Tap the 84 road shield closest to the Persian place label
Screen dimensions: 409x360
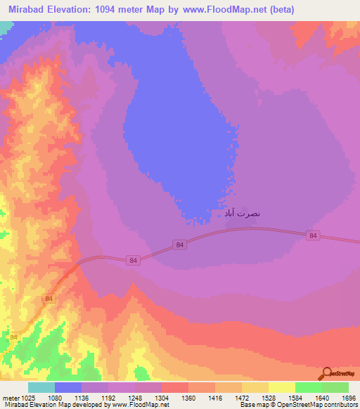tap(181, 245)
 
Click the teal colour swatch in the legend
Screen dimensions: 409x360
tap(41, 387)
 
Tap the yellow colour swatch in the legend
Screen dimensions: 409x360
tap(282, 387)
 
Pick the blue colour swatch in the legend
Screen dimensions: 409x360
tap(68, 387)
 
